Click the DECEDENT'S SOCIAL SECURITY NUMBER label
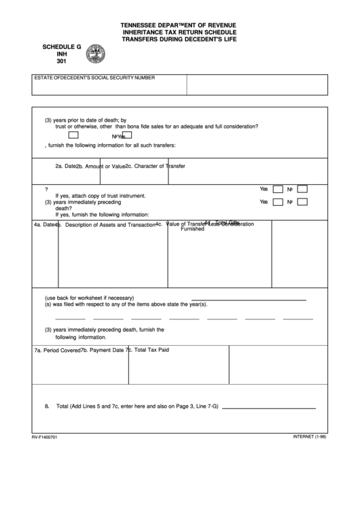tap(108, 78)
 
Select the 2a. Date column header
tap(65, 166)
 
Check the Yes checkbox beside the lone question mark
tap(278, 189)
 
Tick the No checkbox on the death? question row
tap(302, 203)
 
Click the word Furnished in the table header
tap(192, 230)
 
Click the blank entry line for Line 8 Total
tap(268, 407)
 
